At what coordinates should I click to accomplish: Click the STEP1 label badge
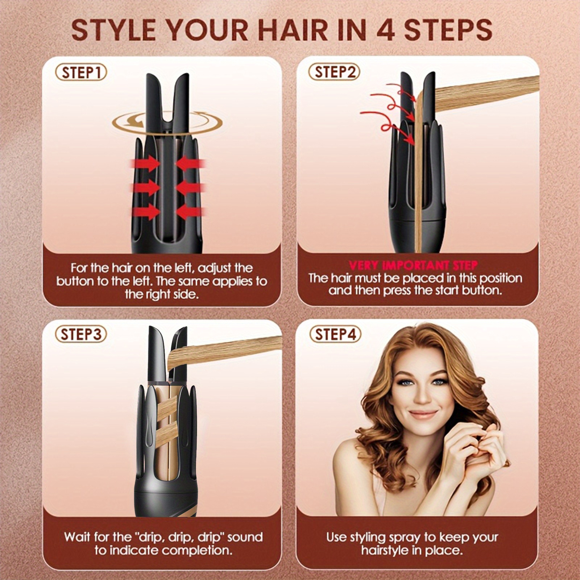click(x=81, y=72)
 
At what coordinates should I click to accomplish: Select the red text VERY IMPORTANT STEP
click(x=413, y=265)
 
